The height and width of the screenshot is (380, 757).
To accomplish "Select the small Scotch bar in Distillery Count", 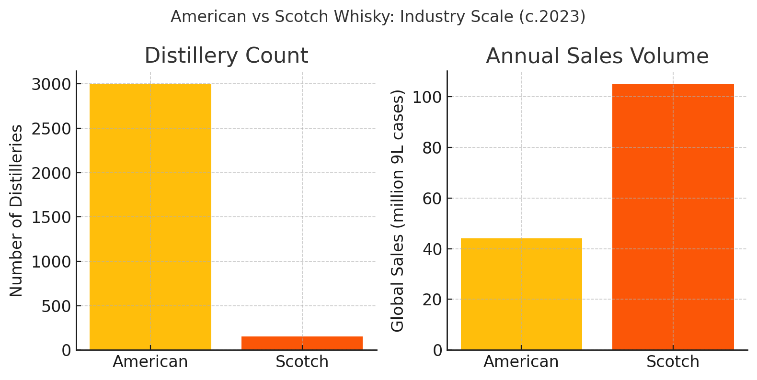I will point(302,343).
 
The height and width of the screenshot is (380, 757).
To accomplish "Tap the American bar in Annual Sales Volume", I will point(521,294).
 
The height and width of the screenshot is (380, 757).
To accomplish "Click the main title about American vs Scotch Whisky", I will point(378,17).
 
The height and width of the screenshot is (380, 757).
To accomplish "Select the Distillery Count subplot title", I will point(226,56).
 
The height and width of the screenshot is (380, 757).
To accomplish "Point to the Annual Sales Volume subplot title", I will point(597,56).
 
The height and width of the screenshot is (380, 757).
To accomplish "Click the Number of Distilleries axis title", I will point(16,211).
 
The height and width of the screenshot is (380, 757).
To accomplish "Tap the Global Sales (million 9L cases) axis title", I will point(398,211).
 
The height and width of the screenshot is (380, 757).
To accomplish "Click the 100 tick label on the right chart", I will point(427,97).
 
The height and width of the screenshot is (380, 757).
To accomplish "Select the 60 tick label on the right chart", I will point(432,199).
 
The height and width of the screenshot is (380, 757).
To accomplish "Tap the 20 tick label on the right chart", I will point(432,300).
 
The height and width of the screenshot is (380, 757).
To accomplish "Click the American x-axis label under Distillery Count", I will point(150,362).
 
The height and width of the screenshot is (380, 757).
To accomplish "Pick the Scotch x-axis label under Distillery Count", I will point(302,362).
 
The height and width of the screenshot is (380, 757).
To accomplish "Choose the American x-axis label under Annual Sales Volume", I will point(521,362).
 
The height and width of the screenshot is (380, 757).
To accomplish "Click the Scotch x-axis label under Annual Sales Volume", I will point(673,362).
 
